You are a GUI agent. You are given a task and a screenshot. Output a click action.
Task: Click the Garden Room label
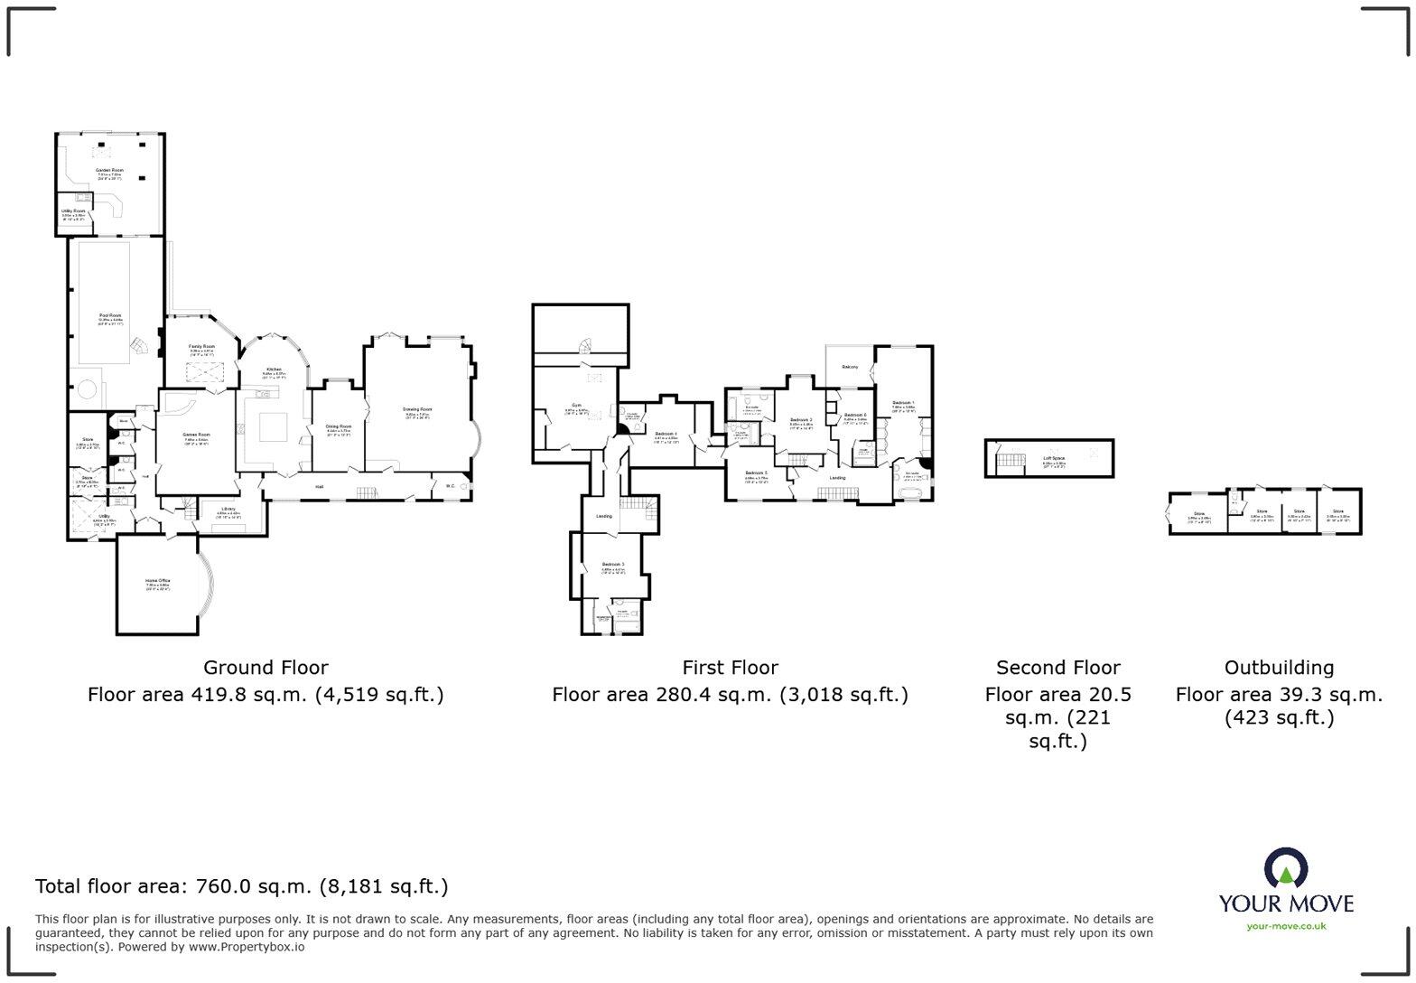click(110, 170)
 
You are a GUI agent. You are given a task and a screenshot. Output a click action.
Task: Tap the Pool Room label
click(110, 315)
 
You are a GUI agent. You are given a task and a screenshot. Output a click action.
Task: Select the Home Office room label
click(158, 581)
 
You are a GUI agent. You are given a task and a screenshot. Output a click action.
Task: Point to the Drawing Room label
click(417, 409)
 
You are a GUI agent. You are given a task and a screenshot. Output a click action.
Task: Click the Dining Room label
click(339, 426)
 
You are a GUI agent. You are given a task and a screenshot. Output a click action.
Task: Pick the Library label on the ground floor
click(228, 509)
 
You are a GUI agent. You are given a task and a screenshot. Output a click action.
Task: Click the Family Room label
click(202, 347)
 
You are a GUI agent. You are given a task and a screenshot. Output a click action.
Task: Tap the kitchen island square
click(273, 426)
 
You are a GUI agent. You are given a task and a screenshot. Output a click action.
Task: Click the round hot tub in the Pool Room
click(88, 391)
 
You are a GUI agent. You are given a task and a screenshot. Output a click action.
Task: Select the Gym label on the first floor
click(576, 406)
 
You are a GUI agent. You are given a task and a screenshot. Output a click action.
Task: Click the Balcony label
click(850, 367)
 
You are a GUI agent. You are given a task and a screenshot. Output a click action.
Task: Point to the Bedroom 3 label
click(613, 565)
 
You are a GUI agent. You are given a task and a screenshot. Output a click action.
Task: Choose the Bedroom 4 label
click(666, 435)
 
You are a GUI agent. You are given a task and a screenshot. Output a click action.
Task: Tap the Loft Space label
click(1054, 458)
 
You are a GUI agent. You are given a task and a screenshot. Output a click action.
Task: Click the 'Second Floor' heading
click(1057, 668)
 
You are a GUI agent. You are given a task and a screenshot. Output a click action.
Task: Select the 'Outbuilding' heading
click(1279, 668)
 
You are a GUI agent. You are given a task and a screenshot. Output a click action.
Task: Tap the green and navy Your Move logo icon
click(1286, 868)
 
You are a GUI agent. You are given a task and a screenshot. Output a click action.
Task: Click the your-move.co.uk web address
click(1286, 926)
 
